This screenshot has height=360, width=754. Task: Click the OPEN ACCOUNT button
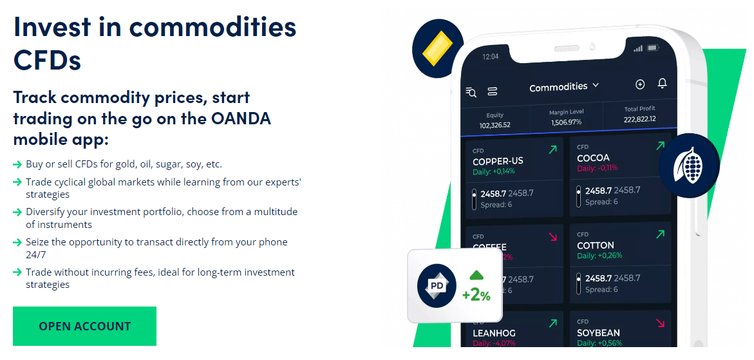pos(84,327)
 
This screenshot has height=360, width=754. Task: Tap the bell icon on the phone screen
pos(662,84)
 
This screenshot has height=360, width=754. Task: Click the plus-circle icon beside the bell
pos(639,84)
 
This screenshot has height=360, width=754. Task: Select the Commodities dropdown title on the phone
pos(563,86)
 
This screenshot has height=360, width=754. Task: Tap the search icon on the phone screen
pos(471,92)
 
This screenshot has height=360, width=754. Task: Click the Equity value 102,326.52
pos(495,125)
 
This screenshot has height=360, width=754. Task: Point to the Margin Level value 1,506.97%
pos(566,122)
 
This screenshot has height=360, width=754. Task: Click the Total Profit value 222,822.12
pos(639,118)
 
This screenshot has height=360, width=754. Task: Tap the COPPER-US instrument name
pos(498,161)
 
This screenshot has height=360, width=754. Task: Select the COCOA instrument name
pos(593,158)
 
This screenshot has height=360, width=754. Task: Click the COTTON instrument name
pos(596,245)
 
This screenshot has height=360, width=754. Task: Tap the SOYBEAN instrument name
pos(598,333)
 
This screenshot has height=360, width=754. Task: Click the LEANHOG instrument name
pos(494,334)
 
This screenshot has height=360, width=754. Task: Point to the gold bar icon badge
pos(437,48)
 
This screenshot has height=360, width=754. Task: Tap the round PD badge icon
pos(437,285)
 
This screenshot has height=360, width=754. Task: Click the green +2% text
pos(476,295)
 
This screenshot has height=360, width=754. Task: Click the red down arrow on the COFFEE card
pos(552,237)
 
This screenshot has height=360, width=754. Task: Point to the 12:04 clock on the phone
pos(490,57)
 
